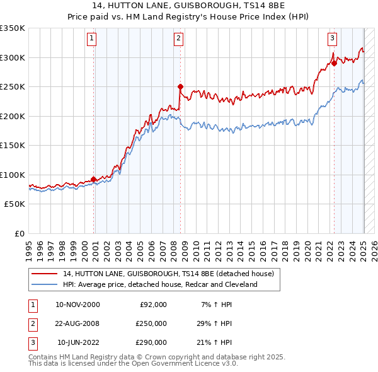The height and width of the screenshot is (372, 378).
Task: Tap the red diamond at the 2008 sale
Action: coord(180,86)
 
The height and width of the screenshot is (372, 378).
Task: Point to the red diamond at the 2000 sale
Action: coord(94,179)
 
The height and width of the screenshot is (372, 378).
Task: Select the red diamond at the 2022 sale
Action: coord(334,63)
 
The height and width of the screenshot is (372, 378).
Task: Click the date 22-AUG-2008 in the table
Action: coord(78,323)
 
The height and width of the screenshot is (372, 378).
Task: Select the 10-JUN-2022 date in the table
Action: coord(78,342)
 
